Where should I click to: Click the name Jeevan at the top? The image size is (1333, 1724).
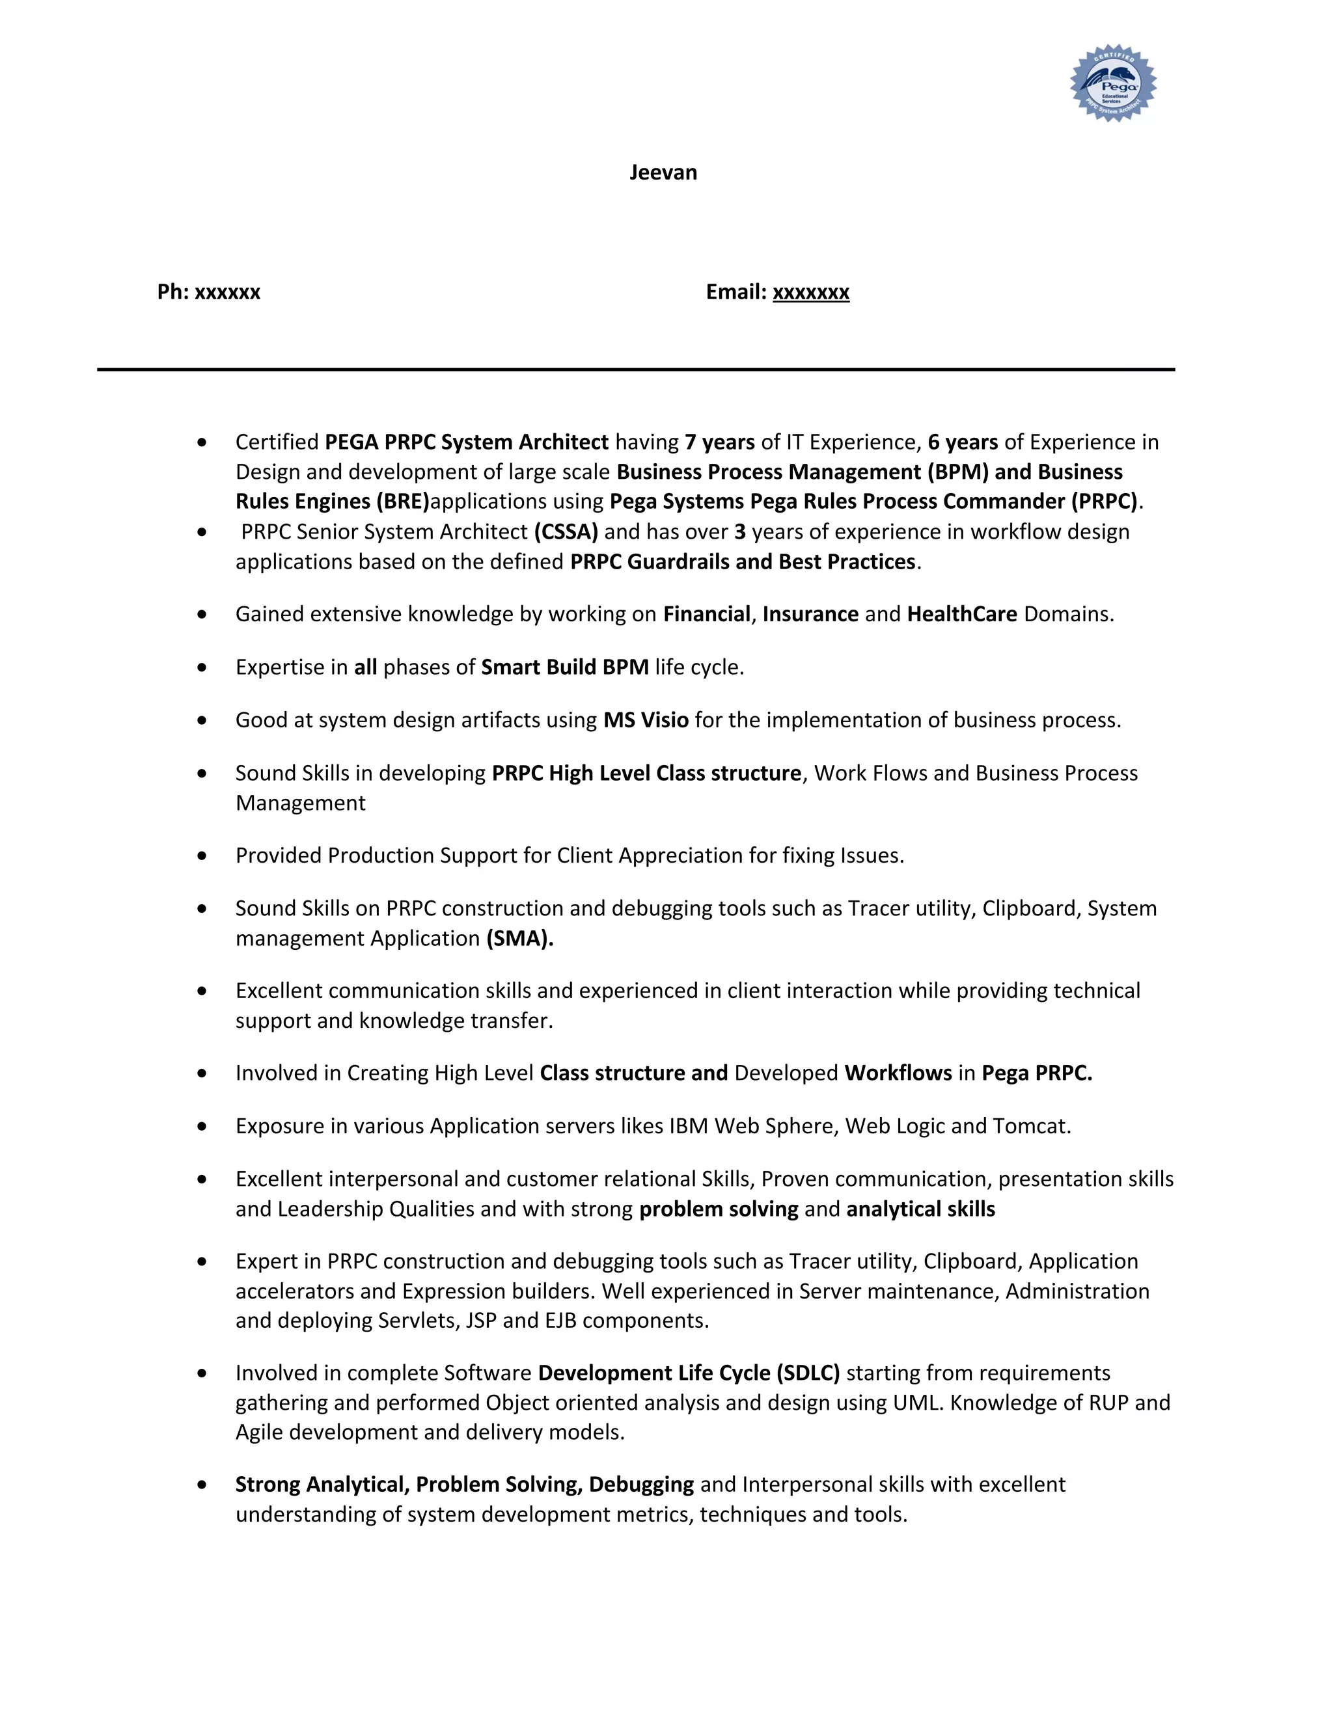coord(663,173)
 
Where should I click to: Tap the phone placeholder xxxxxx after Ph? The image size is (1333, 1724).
coord(227,292)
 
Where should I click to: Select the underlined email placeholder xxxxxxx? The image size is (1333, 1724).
coord(810,292)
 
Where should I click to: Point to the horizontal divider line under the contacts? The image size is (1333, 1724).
coord(636,370)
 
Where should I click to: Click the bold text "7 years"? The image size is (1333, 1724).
coord(719,442)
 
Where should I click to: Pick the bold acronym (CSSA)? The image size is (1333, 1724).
coord(566,532)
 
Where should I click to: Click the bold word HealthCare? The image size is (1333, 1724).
coord(962,614)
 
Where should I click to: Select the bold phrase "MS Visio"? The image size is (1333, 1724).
coord(645,720)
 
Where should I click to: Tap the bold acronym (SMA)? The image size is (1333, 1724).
coord(519,939)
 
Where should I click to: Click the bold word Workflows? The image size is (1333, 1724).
coord(898,1073)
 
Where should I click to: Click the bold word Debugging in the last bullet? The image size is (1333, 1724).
coord(641,1485)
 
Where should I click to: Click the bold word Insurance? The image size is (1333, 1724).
coord(810,614)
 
